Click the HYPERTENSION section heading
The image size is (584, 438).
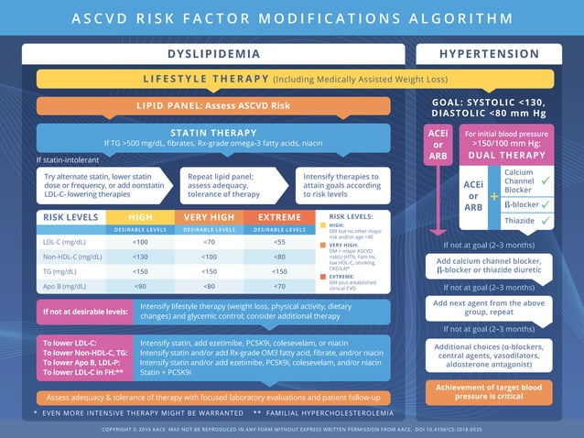tap(490, 54)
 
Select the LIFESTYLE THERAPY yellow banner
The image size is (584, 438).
tap(295, 79)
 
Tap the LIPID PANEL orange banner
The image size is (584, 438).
tap(213, 105)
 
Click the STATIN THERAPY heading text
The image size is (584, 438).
tap(213, 133)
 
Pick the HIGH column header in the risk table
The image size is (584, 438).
tap(140, 217)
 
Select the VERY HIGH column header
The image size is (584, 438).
tap(210, 217)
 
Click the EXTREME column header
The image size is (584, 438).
tap(279, 217)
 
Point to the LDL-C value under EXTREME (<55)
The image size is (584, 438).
tap(279, 242)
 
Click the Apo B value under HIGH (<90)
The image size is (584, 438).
tap(140, 286)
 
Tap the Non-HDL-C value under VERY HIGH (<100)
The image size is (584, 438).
tap(210, 257)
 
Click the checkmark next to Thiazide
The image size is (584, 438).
tap(546, 221)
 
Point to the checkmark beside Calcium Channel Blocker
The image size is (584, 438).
tap(546, 181)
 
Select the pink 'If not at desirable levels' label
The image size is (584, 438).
tap(84, 312)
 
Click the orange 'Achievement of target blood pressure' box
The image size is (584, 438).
tap(490, 392)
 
